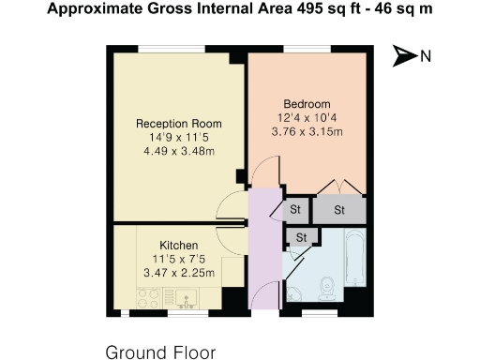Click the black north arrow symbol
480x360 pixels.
(404, 56)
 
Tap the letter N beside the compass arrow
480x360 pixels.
(426, 56)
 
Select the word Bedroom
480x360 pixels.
(307, 104)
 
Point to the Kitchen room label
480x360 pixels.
(178, 246)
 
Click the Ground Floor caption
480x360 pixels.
(160, 352)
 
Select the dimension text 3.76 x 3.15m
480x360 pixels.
(307, 131)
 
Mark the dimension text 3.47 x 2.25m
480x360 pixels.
(178, 273)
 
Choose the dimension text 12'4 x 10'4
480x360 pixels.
(307, 118)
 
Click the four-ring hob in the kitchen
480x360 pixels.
(148, 298)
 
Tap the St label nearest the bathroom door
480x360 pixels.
(302, 238)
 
